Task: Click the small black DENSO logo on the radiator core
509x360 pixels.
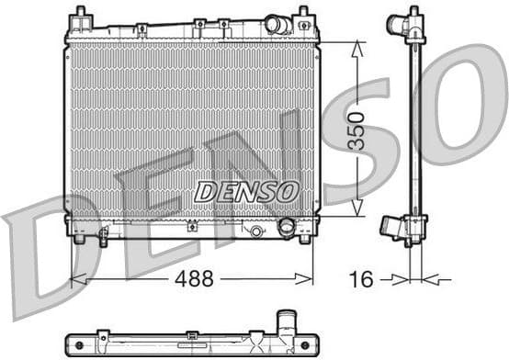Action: coord(246,191)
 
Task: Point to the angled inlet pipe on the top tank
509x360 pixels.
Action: coord(277,24)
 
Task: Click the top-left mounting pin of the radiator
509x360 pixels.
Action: coord(80,16)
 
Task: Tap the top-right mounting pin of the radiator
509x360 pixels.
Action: coord(303,16)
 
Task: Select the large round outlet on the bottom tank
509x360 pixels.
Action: coord(287,225)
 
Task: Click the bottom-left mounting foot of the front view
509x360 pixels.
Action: coord(80,239)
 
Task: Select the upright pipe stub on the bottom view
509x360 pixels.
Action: coord(288,322)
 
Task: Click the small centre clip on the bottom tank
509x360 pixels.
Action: coord(192,226)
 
